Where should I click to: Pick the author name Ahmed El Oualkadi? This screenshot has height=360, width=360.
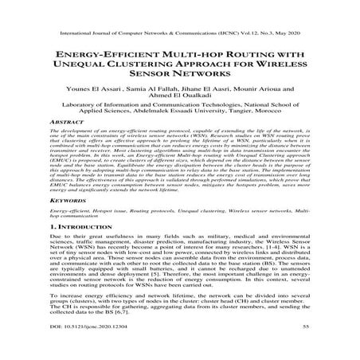click(x=179, y=96)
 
